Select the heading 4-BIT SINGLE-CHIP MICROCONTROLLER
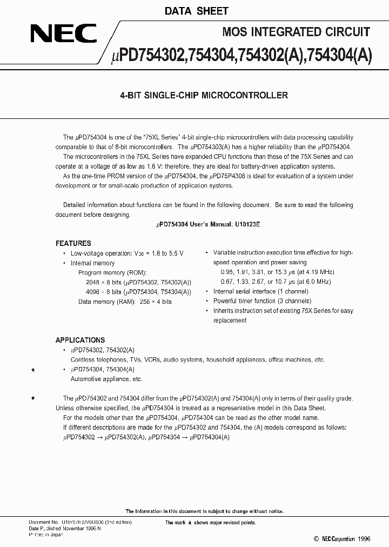[x=203, y=95]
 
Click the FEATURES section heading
[x=73, y=243]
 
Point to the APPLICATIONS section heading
[x=80, y=340]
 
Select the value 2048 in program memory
[x=85, y=282]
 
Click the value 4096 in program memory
[x=85, y=292]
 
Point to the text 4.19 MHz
[x=317, y=272]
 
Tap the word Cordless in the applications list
[x=83, y=359]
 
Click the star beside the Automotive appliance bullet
[x=33, y=369]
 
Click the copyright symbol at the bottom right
[x=316, y=539]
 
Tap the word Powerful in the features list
[x=226, y=301]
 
